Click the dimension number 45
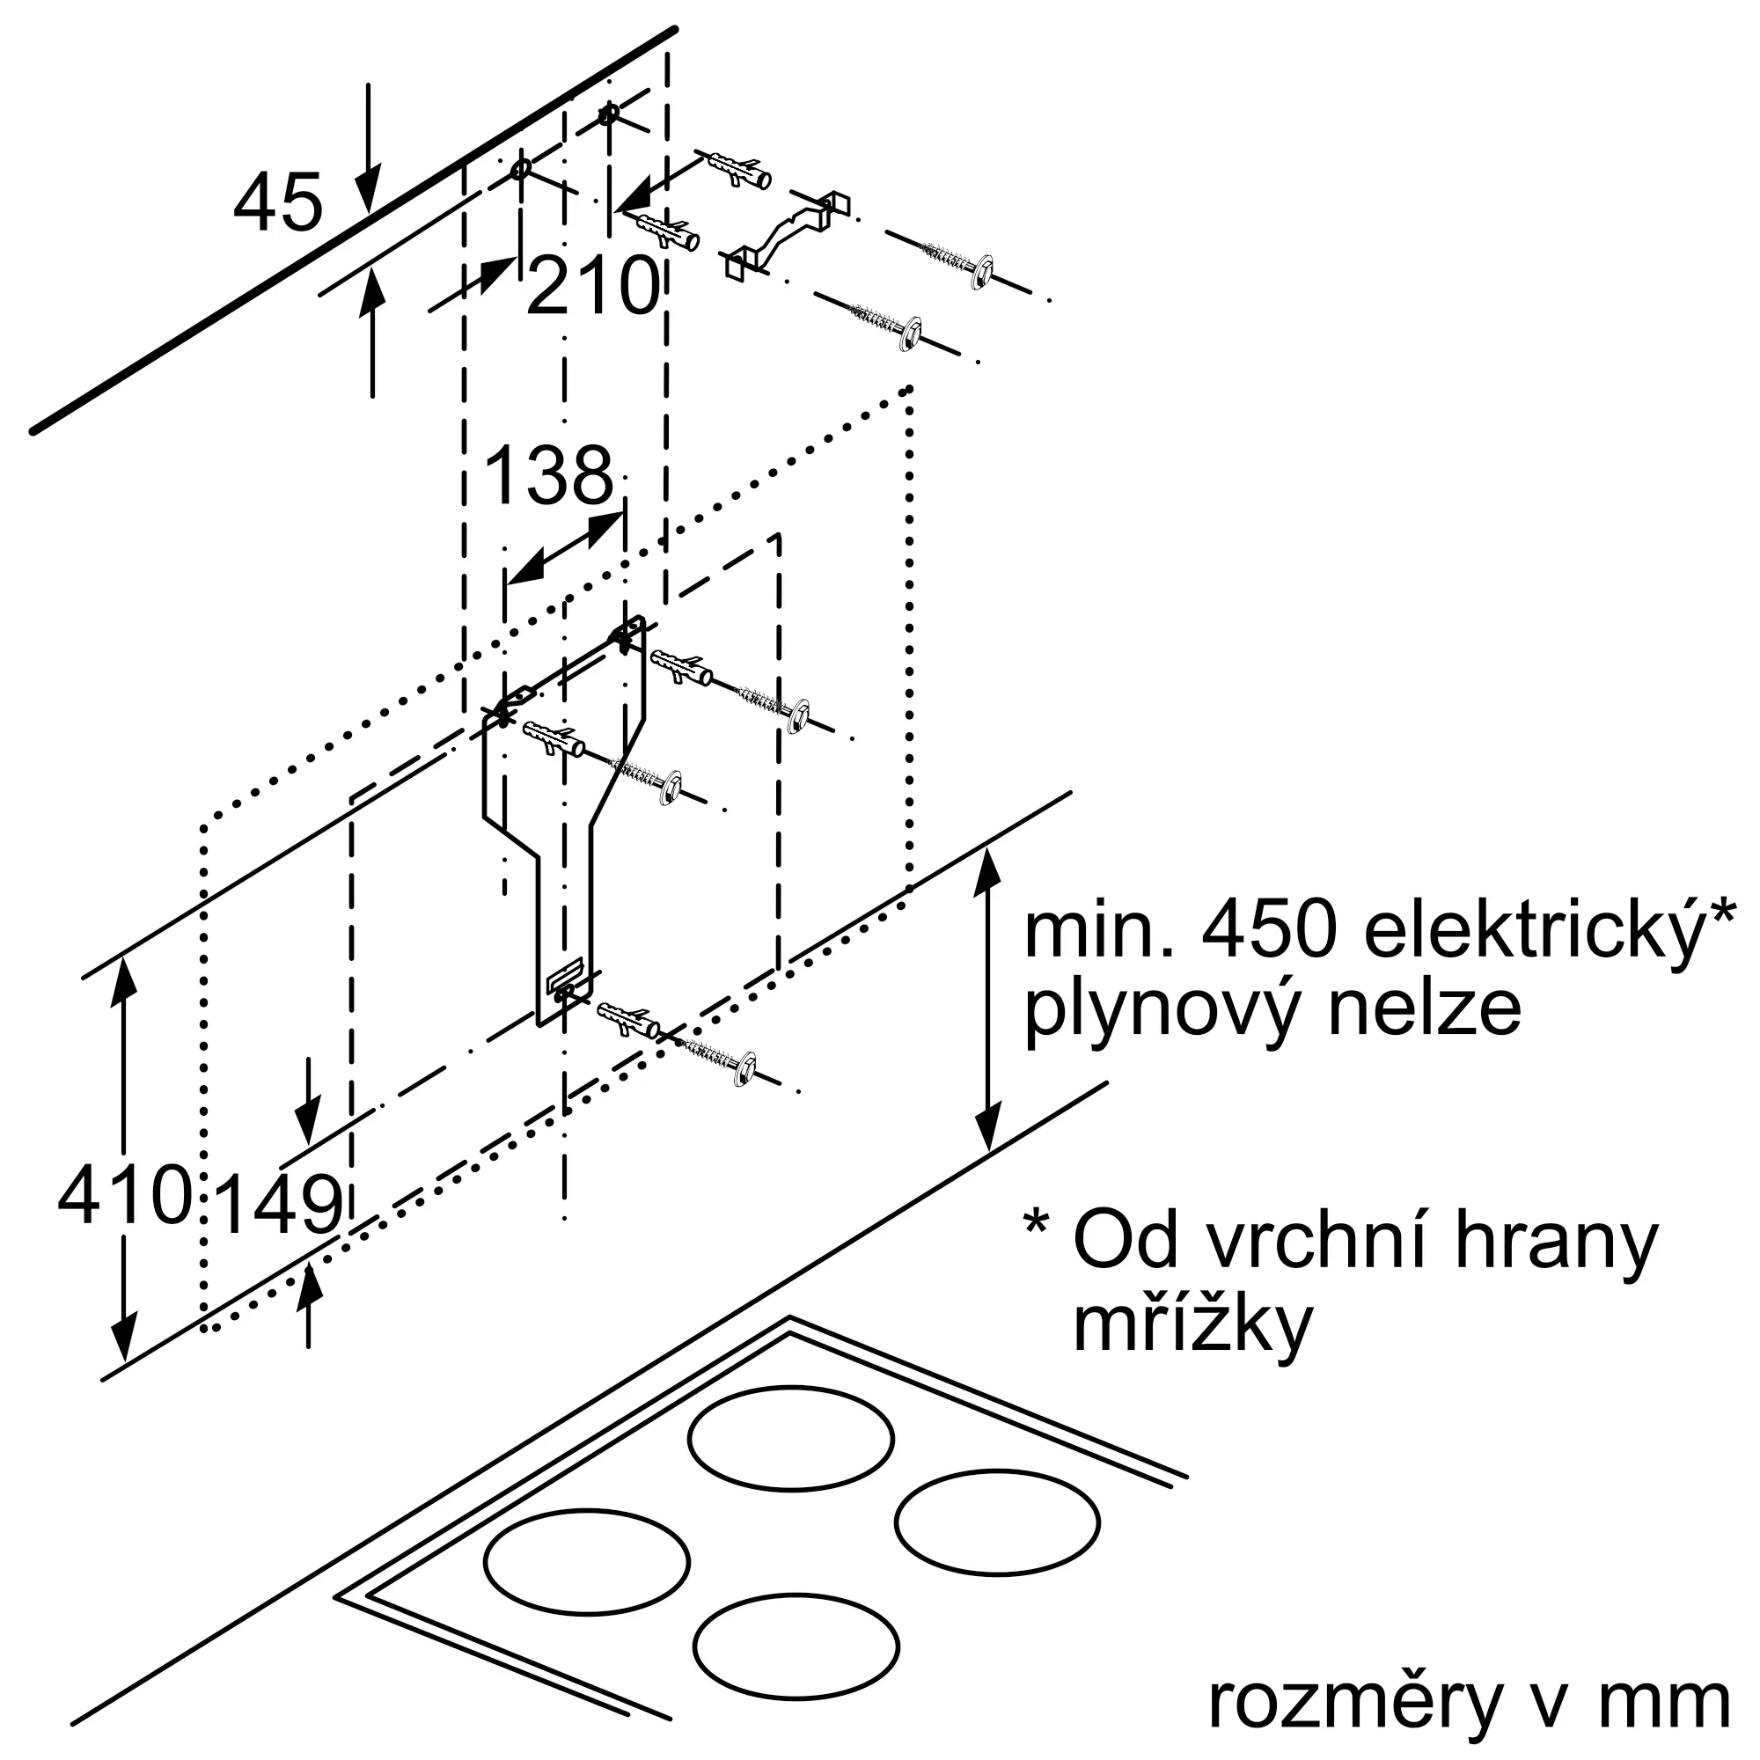278,202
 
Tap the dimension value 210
593,286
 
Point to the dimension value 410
125,1194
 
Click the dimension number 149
282,1205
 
